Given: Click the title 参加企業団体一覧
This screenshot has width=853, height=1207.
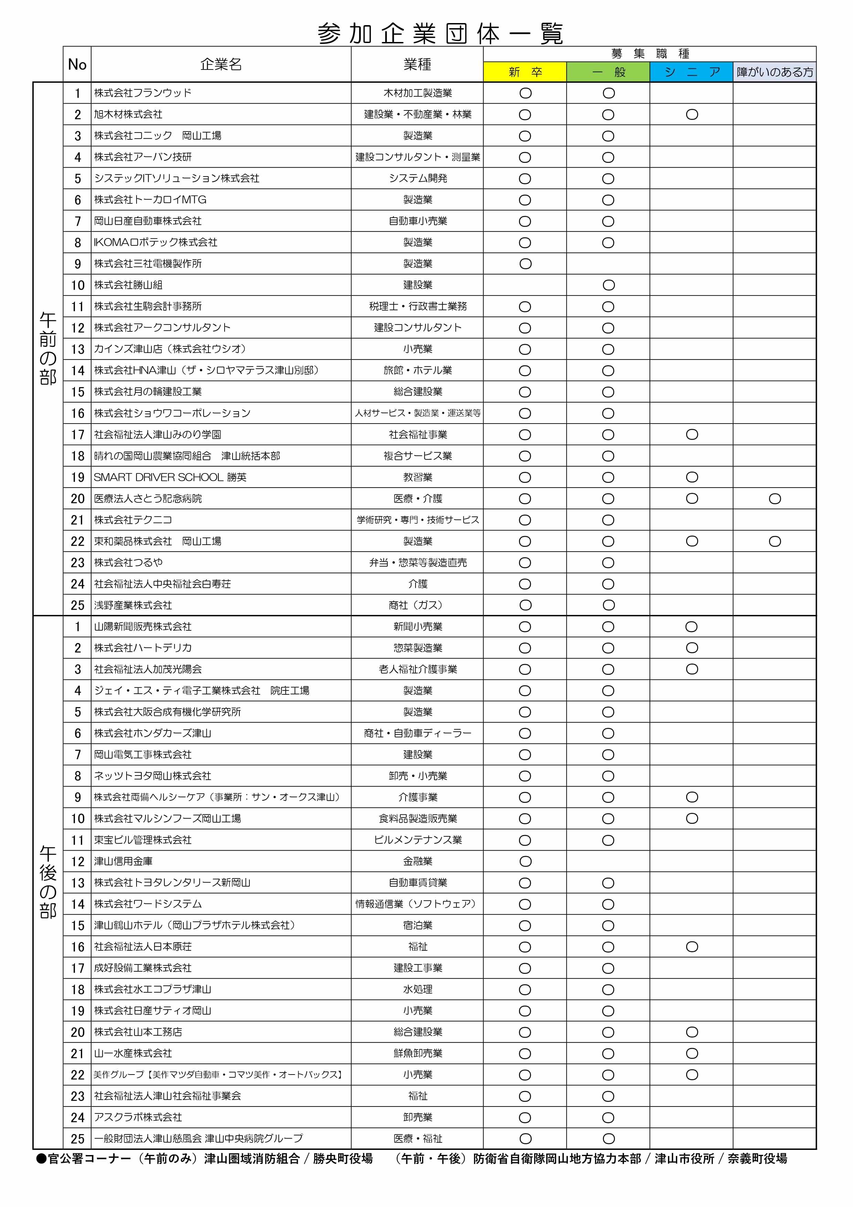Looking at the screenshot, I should pos(440,34).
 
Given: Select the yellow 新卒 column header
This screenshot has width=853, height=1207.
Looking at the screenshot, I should pos(525,72).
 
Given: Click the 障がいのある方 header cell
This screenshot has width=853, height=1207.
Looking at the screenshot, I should pos(775,72).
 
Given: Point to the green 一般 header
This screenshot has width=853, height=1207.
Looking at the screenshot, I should pos(608,72).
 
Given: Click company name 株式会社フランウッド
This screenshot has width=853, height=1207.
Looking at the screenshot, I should pos(143,93).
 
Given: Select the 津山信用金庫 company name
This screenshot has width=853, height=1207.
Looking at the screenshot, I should pos(123,861).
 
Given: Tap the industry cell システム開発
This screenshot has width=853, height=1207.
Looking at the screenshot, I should pos(418,178).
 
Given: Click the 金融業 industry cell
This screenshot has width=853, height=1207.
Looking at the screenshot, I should pos(418,861).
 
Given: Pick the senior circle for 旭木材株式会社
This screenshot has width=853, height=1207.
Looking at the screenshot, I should pos(692,115).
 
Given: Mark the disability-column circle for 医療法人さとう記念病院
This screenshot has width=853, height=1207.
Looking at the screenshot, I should pos(775,498).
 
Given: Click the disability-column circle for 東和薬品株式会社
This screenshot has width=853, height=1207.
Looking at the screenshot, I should pos(775,541).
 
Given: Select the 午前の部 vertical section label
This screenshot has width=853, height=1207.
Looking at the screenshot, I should pos(48,349).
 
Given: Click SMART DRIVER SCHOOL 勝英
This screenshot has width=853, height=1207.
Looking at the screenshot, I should pos(170,477).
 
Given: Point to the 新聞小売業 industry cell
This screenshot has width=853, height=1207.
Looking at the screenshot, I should pos(418,627).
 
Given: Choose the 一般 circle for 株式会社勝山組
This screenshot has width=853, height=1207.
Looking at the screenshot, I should pos(608,285).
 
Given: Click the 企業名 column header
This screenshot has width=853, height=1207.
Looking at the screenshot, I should pos(221,64).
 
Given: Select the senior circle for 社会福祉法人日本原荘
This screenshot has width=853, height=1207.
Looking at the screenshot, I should pos(692,947).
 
